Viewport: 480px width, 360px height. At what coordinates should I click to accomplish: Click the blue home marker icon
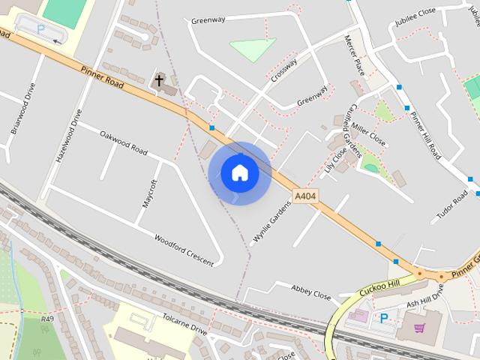point(240,172)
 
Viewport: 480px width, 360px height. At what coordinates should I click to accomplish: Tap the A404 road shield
point(304,196)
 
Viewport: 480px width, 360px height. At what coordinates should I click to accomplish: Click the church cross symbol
point(159,79)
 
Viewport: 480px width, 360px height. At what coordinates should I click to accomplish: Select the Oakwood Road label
point(124,140)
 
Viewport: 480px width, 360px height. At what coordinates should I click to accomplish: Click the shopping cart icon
point(419,328)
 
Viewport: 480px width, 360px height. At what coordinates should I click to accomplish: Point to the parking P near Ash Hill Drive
point(384,319)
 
